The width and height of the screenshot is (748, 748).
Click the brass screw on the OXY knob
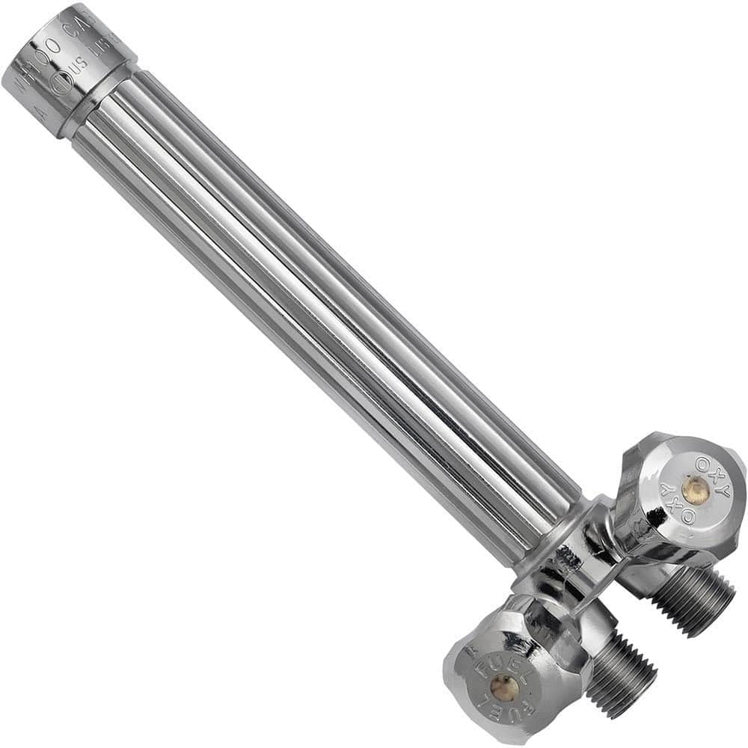[x=695, y=489]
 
